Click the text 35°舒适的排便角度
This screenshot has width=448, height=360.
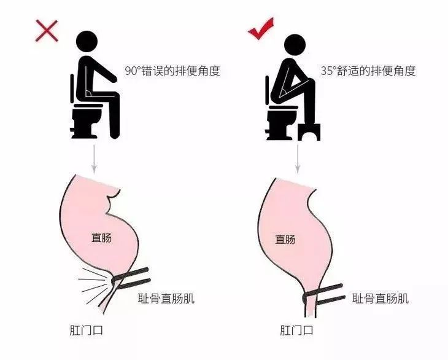(368, 71)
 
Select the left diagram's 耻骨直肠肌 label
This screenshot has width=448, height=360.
(167, 300)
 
